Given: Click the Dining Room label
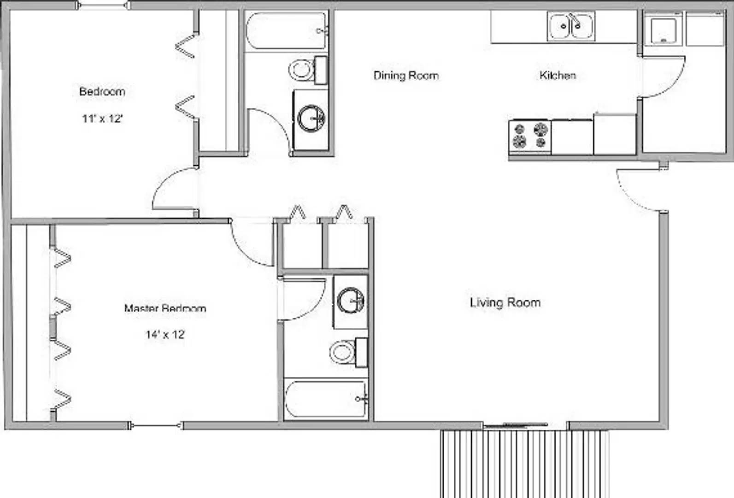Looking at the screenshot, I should (406, 75).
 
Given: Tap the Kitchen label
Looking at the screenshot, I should (558, 75).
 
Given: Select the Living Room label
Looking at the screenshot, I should (505, 302).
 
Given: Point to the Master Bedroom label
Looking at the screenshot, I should (165, 308).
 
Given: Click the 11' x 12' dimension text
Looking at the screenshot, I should (102, 119).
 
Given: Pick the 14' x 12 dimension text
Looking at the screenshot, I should (165, 334).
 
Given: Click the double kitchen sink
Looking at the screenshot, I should (571, 26).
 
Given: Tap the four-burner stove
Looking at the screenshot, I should (529, 136).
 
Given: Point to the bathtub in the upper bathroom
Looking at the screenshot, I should (286, 31).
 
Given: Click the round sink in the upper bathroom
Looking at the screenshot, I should (311, 119).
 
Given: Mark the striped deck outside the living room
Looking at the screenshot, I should (524, 463).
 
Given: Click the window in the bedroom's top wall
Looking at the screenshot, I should (103, 6).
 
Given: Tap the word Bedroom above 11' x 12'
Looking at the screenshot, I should (102, 91).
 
